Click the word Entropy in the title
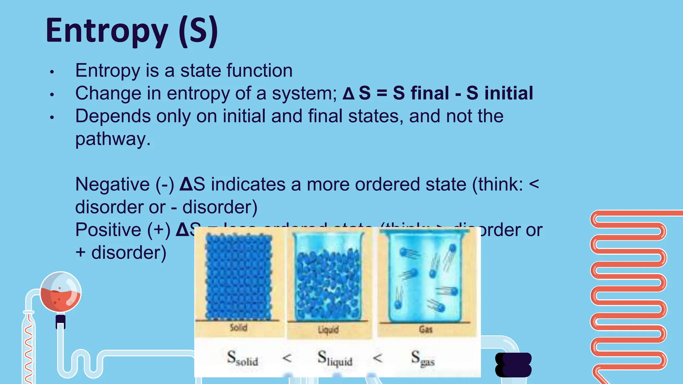pos(107,31)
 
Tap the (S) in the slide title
pos(198,31)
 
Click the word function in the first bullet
pos(259,71)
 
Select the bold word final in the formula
pos(430,93)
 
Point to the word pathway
pos(113,139)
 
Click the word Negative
pos(112,184)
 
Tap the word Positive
pos(108,230)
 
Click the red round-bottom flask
pos(60,292)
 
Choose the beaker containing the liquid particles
pos(328,277)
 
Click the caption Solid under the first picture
pos(238,328)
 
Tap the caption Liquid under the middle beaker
pos(328,330)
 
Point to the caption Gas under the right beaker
pos(426,330)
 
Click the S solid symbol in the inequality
pos(242,358)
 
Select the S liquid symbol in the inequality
pos(334,358)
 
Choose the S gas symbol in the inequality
pos(423,358)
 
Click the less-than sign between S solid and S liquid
pos(287,358)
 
